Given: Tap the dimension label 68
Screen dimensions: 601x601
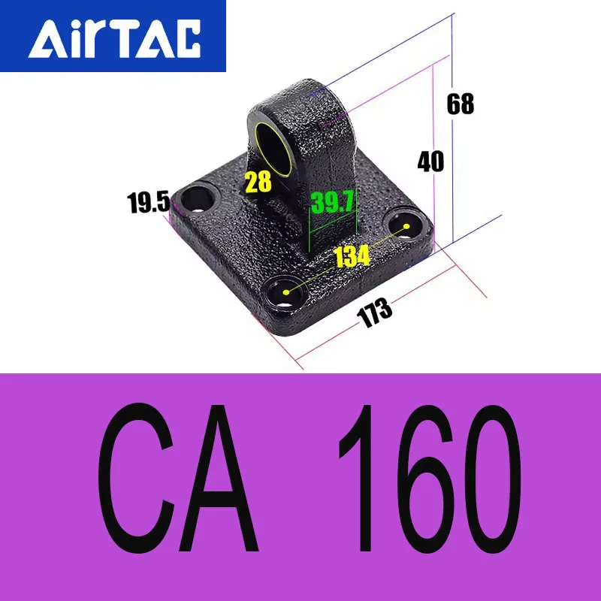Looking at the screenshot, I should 461,104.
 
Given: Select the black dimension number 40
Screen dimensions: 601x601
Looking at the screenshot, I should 430,162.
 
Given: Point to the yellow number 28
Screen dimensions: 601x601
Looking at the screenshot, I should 258,181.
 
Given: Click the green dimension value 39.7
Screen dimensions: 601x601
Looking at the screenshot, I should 333,202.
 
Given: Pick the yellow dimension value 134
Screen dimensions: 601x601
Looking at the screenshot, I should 352,257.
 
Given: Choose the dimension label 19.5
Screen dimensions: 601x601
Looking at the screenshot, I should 148,203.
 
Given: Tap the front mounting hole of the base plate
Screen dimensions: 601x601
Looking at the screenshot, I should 285,289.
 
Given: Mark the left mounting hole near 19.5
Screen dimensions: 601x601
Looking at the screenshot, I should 198,198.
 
